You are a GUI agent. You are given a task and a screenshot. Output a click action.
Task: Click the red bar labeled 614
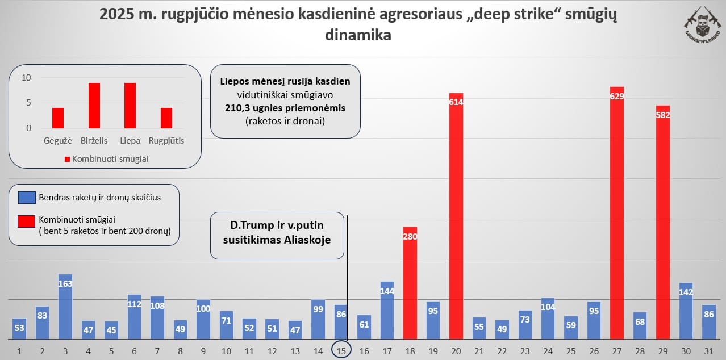(x=456, y=216)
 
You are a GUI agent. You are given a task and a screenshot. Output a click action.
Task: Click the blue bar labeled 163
(x=65, y=307)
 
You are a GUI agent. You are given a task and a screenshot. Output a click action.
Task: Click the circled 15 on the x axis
(x=341, y=351)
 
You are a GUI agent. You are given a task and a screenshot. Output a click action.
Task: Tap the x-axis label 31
(x=708, y=351)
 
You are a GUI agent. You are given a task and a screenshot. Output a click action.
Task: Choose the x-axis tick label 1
(x=19, y=351)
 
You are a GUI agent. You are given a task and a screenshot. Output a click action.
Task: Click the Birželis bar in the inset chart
(x=94, y=106)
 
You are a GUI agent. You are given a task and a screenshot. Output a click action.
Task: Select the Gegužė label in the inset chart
(x=58, y=140)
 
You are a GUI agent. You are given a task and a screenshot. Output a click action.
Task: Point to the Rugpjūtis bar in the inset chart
(x=166, y=118)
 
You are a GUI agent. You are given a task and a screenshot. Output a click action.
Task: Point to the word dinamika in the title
(x=358, y=35)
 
